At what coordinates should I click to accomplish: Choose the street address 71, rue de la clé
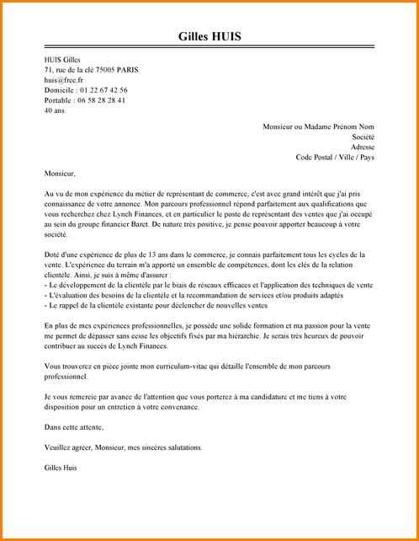(81, 69)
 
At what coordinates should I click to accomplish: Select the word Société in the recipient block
(363, 137)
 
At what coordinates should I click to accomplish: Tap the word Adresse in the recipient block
(362, 147)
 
